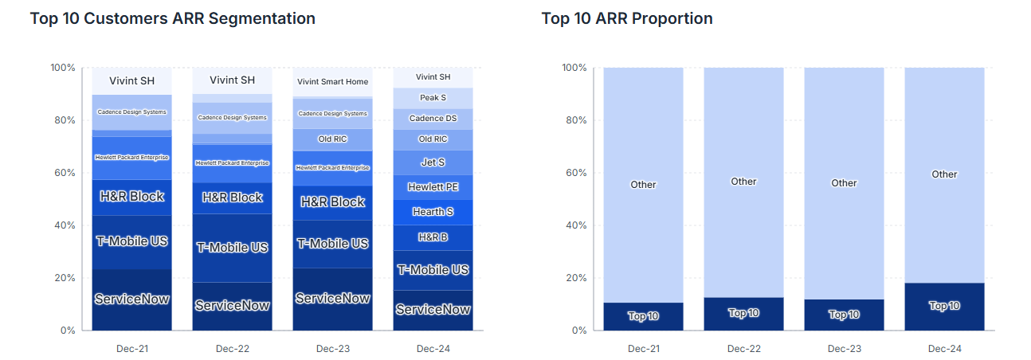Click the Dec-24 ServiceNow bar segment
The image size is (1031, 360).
(x=433, y=310)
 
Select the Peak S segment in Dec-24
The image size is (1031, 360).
(x=433, y=98)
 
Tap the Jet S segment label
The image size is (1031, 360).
(x=433, y=162)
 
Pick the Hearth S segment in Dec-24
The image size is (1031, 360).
(x=433, y=212)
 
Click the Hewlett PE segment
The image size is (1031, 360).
(x=433, y=187)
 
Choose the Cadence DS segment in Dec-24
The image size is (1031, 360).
(x=433, y=119)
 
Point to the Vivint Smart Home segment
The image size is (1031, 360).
(x=332, y=82)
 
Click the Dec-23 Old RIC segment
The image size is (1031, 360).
(x=332, y=139)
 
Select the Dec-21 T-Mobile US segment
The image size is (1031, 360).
(x=131, y=241)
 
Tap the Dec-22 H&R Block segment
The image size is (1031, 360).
(x=232, y=198)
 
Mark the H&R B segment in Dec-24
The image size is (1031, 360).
(x=433, y=237)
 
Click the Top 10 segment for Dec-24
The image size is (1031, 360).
(x=944, y=307)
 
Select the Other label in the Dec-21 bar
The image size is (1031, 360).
(x=643, y=185)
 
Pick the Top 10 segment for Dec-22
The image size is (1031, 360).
(x=743, y=314)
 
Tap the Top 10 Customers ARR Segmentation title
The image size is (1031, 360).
(x=172, y=18)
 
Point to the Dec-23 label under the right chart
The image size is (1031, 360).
(x=844, y=349)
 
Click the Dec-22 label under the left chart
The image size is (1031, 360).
(x=232, y=349)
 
